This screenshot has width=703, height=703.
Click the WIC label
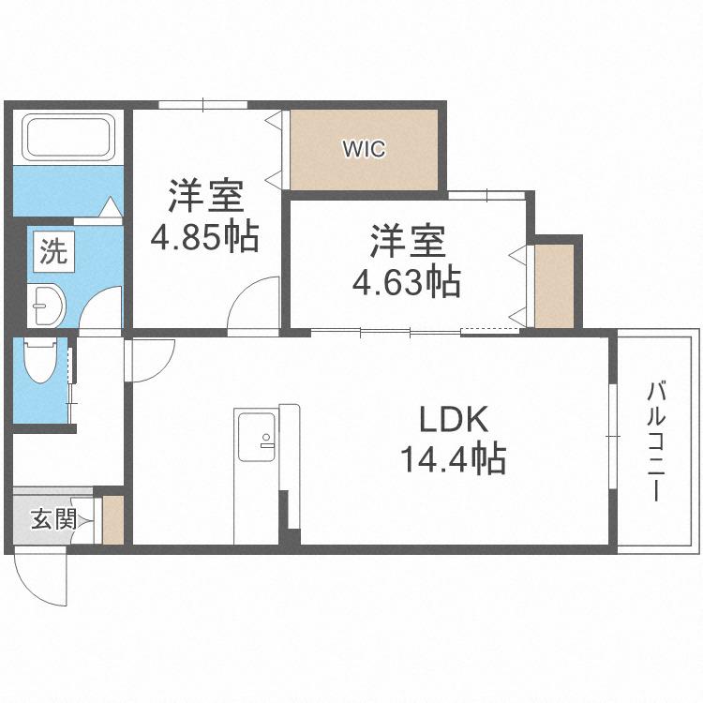[364, 149]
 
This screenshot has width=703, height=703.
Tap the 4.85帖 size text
[205, 238]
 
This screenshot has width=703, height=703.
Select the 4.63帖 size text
[406, 280]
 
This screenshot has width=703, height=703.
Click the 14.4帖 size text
[455, 459]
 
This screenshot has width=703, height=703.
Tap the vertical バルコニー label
[657, 441]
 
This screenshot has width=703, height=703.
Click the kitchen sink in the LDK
[257, 437]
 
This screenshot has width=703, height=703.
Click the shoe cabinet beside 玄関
[112, 521]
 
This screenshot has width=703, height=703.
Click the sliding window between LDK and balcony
[610, 436]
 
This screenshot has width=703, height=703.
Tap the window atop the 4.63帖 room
[486, 194]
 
